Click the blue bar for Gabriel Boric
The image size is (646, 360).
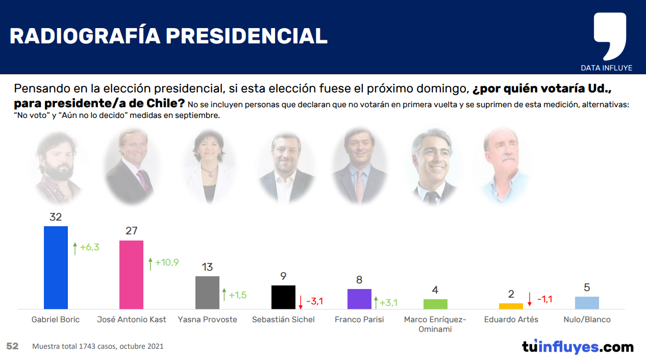[56, 268]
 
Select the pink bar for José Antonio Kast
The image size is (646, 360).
[131, 275]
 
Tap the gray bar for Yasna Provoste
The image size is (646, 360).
[207, 293]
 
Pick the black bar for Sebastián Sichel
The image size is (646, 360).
[283, 297]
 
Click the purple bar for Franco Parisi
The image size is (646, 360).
[359, 299]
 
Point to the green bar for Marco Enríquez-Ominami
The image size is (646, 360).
[435, 304]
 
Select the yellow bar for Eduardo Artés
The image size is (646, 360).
[511, 306]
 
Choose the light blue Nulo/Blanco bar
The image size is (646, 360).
[587, 303]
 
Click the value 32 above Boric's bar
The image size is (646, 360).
[56, 217]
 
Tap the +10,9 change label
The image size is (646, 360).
[166, 262]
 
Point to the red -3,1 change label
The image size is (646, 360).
[314, 301]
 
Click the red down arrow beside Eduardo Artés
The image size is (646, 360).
[530, 299]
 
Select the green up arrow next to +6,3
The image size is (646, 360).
[74, 248]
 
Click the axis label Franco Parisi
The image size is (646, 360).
[359, 320]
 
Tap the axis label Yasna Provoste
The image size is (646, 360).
[207, 320]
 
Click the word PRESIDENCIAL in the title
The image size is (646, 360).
[246, 36]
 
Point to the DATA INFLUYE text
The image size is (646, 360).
[606, 68]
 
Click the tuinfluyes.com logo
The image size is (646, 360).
[578, 347]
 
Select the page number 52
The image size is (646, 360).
[12, 346]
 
